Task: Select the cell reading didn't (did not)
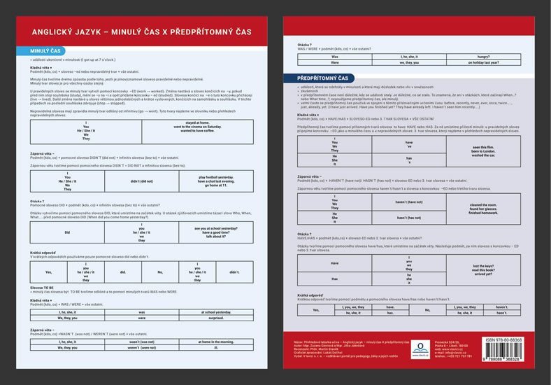(x=142, y=181)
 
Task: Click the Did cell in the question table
(x=67, y=231)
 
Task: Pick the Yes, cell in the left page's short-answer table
(x=48, y=272)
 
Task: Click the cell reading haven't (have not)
(x=408, y=201)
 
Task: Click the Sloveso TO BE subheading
(x=42, y=288)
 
